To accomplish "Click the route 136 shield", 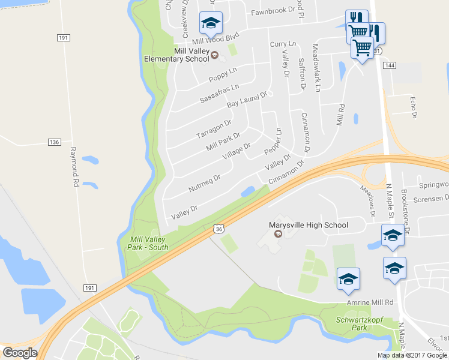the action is [55, 142].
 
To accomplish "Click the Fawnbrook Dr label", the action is [274, 11].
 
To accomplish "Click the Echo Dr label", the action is [412, 106].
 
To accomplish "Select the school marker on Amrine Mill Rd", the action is [348, 280].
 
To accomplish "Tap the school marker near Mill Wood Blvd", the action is [211, 23].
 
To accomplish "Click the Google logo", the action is [20, 352].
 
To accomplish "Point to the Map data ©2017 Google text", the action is [412, 355].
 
